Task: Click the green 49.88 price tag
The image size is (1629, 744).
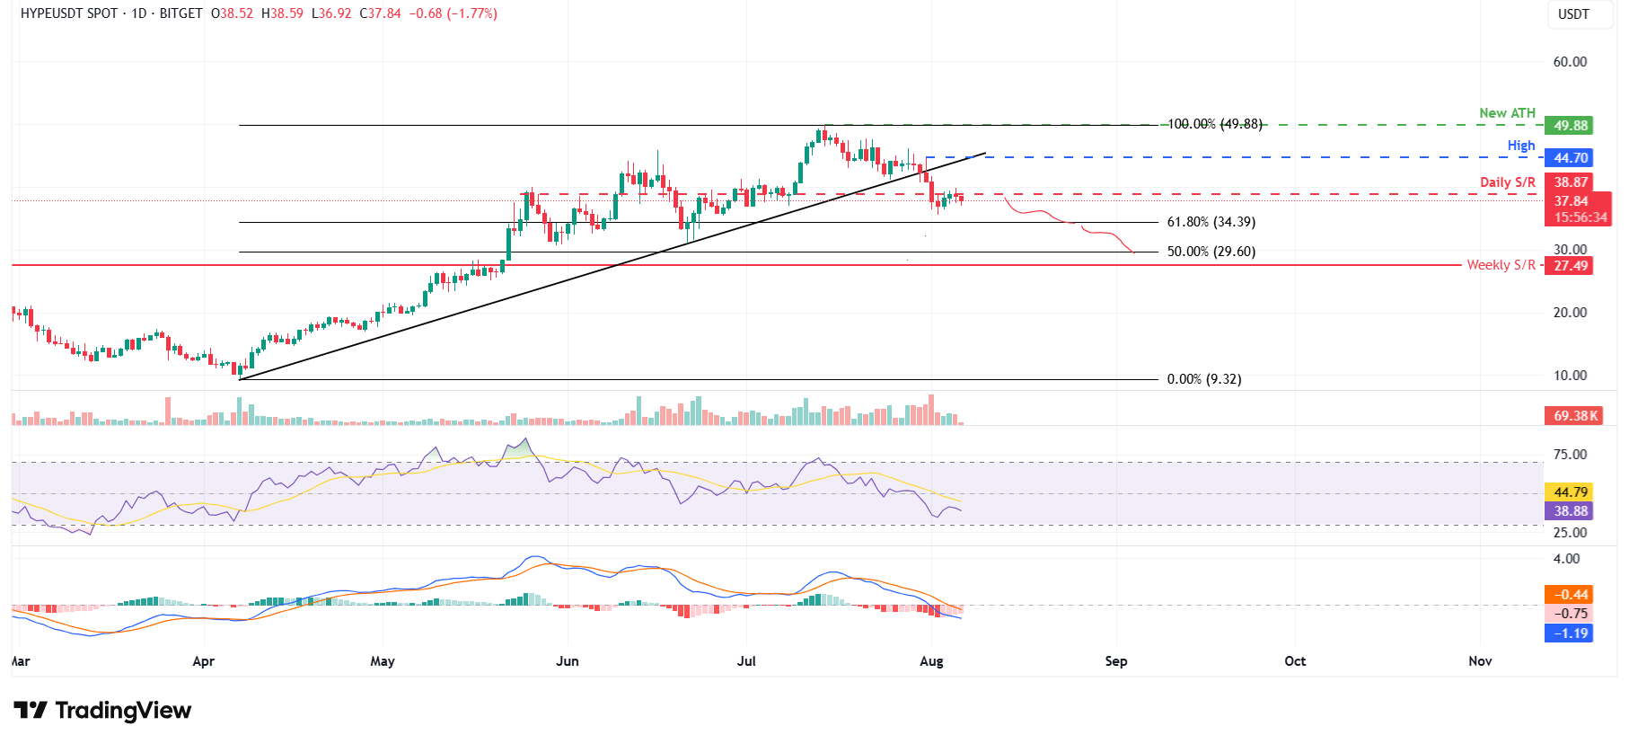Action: pos(1571,126)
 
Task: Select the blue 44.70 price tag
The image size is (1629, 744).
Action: pos(1571,158)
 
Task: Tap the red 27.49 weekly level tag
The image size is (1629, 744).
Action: pos(1571,265)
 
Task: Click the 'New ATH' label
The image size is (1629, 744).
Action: pos(1507,113)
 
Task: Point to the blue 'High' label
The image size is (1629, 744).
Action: pos(1521,146)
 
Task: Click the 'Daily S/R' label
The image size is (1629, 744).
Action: pos(1508,182)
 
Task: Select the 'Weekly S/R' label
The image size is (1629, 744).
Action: pos(1501,265)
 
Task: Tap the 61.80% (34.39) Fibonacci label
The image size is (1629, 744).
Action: pos(1211,222)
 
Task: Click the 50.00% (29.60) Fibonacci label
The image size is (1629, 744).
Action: pos(1211,252)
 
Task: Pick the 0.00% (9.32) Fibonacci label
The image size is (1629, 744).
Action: pos(1203,379)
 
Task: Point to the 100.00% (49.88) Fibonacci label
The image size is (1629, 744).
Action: pos(1214,124)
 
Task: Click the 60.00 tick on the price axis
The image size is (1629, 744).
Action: pos(1570,62)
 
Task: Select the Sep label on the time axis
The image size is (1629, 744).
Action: pos(1115,661)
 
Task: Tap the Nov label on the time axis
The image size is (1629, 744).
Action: pos(1480,661)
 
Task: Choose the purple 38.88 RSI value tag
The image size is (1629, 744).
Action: pos(1571,511)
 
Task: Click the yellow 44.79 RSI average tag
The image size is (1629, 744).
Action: pos(1571,492)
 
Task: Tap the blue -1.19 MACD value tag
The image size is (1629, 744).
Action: pos(1571,633)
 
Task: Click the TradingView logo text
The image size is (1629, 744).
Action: pos(123,711)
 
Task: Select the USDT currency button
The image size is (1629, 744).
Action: pos(1573,14)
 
